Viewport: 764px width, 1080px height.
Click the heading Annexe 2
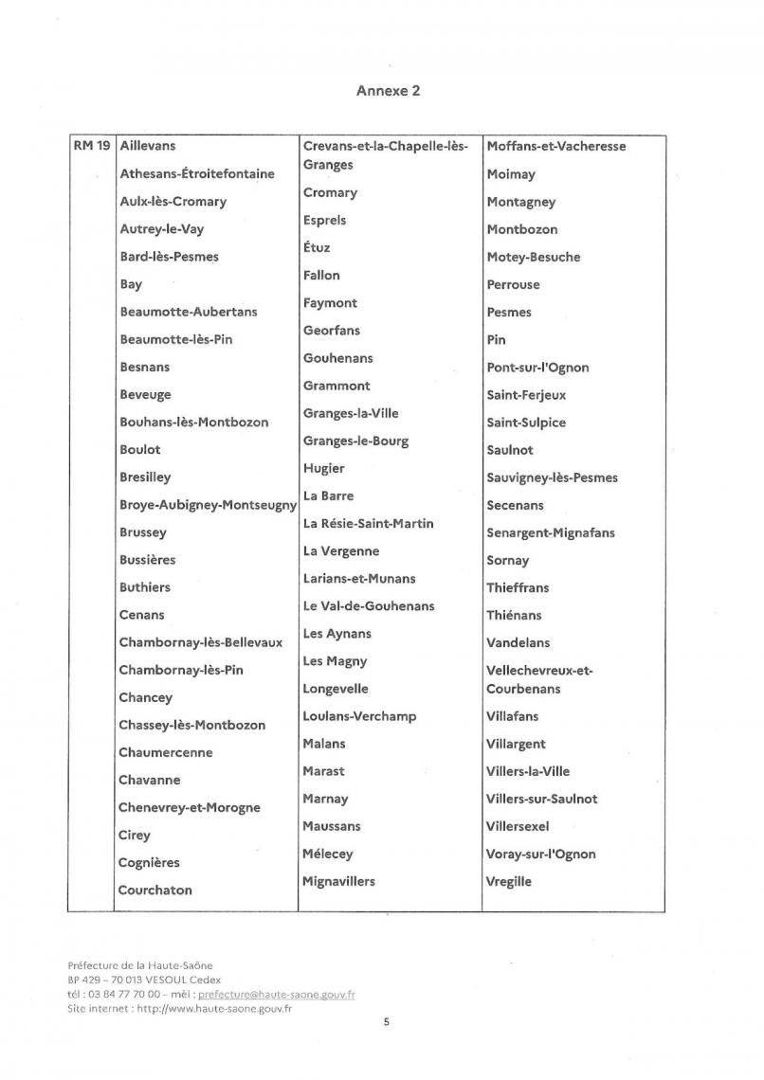pos(389,91)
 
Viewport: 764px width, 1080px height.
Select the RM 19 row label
pos(91,146)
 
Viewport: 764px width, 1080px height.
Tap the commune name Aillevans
pos(148,146)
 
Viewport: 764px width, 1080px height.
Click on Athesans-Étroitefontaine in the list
pos(197,173)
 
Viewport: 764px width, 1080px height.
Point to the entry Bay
pos(131,283)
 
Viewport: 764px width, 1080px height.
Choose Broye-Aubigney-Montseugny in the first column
pos(208,505)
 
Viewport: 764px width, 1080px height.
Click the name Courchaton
pos(155,890)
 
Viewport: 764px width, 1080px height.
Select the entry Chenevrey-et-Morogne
pos(189,807)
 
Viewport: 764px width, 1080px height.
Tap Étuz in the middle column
pos(317,247)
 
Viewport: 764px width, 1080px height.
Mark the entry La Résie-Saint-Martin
pos(369,523)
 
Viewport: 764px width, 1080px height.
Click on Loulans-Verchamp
pos(359,716)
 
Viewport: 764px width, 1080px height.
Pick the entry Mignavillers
pos(338,881)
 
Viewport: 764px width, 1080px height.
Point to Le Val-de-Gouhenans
pos(369,605)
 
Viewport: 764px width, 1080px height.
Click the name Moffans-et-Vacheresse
pos(556,146)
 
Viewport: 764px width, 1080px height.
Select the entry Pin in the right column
pos(496,339)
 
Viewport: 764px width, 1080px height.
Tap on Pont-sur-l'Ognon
pos(537,367)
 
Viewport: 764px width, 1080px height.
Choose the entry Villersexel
pos(524,826)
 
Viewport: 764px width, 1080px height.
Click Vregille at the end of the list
pos(509,881)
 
